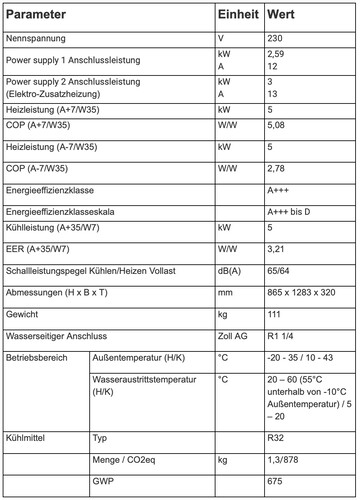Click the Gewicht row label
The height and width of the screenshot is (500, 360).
coord(23,314)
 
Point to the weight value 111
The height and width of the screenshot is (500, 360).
coord(276,314)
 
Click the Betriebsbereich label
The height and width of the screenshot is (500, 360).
coord(37,358)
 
